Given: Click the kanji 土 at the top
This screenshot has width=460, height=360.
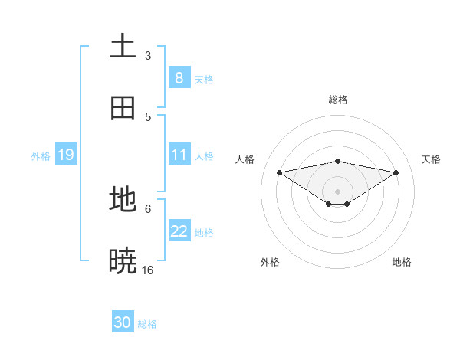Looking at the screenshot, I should (x=123, y=47).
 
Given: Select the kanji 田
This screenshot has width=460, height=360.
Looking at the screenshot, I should (x=123, y=108).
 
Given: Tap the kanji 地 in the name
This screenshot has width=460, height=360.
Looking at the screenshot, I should (x=123, y=200).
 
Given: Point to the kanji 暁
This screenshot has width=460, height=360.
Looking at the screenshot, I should (x=123, y=261).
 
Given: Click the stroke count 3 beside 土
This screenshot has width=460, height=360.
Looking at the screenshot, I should (x=148, y=55).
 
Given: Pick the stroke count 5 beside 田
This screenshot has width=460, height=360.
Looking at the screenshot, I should (x=148, y=116).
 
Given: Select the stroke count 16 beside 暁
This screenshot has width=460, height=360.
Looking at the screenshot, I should (x=148, y=270).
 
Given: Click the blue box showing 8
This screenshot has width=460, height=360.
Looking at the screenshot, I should (x=179, y=77).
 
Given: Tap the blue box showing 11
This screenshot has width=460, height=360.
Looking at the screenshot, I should (x=179, y=155).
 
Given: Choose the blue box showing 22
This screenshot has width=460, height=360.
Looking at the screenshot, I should (x=179, y=231).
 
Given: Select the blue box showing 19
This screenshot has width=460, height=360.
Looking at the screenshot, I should (x=65, y=155).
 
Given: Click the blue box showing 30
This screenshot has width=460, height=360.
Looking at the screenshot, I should (x=123, y=322).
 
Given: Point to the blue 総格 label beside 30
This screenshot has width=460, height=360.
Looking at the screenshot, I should (x=147, y=324).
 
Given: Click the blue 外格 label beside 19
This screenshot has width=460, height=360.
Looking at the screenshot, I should (x=41, y=156).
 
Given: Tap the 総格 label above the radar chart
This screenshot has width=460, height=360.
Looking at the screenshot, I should (x=338, y=100).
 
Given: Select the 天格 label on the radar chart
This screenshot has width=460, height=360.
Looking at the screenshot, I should (x=432, y=159).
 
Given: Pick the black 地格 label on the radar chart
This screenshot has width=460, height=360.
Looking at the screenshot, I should (x=402, y=262).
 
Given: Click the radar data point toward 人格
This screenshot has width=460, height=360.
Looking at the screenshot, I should (x=279, y=172).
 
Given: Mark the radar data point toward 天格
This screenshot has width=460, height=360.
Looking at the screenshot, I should (x=396, y=172).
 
